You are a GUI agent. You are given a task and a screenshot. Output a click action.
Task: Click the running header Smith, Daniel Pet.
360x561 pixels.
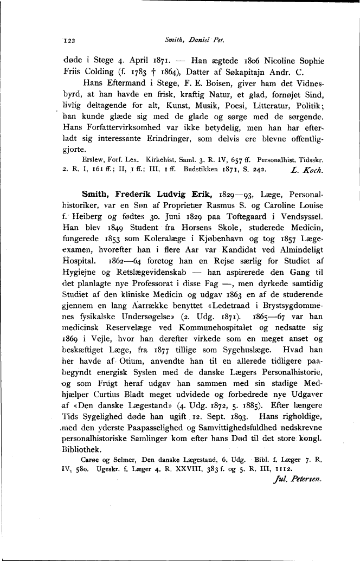pyautogui.click(x=197, y=40)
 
